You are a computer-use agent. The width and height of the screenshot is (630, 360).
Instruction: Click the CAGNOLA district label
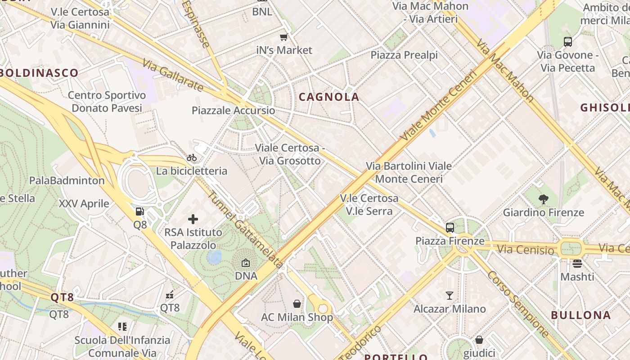point(329,97)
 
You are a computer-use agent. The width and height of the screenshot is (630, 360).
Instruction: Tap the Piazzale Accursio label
point(233,110)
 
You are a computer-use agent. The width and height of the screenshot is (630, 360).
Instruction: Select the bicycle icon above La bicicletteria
point(192,157)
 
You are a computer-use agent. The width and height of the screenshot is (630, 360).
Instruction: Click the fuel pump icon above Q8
point(140,211)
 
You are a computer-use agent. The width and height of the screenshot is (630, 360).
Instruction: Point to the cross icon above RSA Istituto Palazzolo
point(193,219)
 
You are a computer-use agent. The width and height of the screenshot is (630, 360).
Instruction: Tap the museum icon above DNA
point(246,263)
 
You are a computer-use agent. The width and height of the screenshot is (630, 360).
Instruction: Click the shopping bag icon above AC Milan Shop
point(297,304)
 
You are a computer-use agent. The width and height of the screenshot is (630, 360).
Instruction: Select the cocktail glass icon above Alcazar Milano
point(450,296)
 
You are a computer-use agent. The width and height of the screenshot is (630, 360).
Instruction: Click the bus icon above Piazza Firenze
point(450,228)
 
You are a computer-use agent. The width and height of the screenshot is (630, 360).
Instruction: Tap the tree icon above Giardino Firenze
point(543,199)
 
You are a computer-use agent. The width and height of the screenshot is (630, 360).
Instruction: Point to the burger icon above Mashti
point(577,263)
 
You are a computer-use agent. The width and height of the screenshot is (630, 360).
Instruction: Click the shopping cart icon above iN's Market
point(283,37)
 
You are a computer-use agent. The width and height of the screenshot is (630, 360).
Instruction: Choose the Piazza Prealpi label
point(404,55)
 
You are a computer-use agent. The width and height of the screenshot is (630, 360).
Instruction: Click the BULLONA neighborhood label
point(581,315)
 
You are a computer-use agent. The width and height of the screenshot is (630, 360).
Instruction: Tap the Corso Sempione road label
point(517,304)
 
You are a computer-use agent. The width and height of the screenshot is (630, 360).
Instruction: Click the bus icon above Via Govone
point(568,42)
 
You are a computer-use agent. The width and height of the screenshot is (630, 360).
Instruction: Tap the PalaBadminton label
point(67,180)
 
